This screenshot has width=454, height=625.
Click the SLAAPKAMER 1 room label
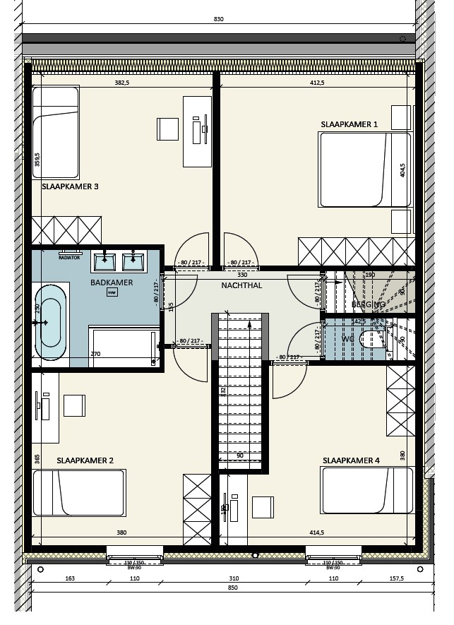(x=349, y=124)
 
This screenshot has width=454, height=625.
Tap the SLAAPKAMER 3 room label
(x=70, y=186)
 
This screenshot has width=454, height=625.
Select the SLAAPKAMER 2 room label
(x=85, y=460)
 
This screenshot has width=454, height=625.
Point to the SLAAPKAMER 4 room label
(x=351, y=461)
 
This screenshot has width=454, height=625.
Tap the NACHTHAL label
(x=241, y=286)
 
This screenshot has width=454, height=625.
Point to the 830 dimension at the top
(x=218, y=19)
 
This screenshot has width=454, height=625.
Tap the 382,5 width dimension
(x=121, y=83)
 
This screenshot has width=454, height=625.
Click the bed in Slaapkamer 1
(x=364, y=169)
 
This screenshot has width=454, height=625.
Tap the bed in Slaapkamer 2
(x=79, y=493)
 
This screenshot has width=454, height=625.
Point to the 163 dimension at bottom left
(x=69, y=578)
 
